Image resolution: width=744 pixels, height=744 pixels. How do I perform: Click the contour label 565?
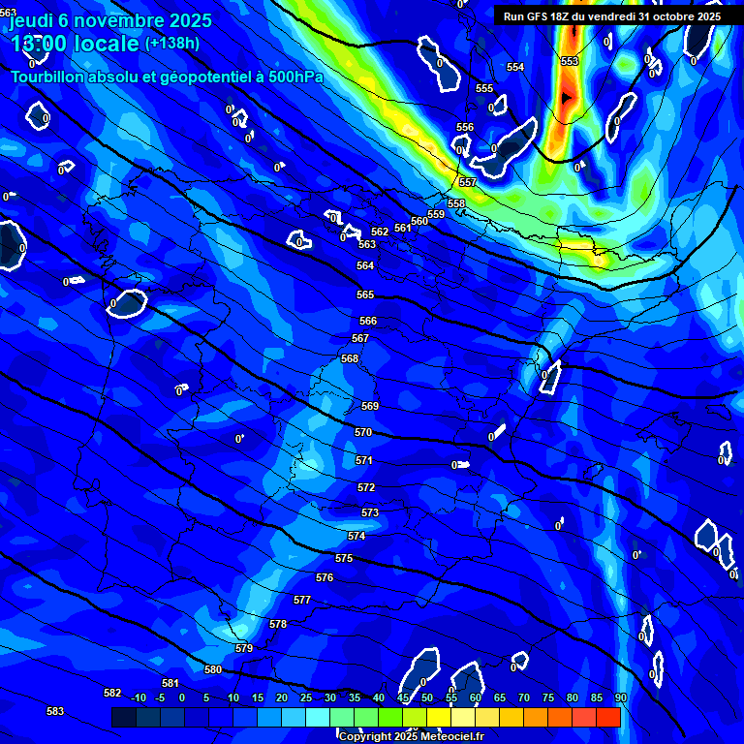pyautogui.click(x=365, y=294)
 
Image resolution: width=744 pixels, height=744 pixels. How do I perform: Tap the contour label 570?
pyautogui.click(x=363, y=433)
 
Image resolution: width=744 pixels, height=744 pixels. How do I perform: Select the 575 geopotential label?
pyautogui.click(x=344, y=559)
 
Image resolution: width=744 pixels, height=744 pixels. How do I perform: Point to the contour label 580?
pyautogui.click(x=213, y=669)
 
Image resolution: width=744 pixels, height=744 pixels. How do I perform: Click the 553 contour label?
pyautogui.click(x=570, y=61)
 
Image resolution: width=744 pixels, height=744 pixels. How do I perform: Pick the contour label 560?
pyautogui.click(x=419, y=221)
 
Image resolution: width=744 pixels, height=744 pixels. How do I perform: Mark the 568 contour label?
pyautogui.click(x=350, y=358)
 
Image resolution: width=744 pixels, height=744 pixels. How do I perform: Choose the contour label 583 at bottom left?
pyautogui.click(x=55, y=711)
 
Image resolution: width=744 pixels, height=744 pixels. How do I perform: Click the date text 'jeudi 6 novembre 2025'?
pyautogui.click(x=110, y=18)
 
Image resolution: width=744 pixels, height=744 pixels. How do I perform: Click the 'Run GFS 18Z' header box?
pyautogui.click(x=612, y=16)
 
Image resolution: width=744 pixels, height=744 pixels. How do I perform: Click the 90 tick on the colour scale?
pyautogui.click(x=621, y=697)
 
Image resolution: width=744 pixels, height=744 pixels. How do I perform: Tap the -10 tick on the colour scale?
pyautogui.click(x=138, y=697)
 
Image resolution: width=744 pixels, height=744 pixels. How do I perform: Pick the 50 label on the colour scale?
pyautogui.click(x=427, y=697)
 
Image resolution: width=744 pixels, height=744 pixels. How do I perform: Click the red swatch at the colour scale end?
pyautogui.click(x=608, y=717)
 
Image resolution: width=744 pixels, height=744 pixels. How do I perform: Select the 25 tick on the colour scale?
pyautogui.click(x=306, y=697)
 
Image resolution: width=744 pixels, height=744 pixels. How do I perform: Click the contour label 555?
pyautogui.click(x=484, y=88)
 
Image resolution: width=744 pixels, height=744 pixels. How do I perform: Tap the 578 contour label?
pyautogui.click(x=278, y=624)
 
